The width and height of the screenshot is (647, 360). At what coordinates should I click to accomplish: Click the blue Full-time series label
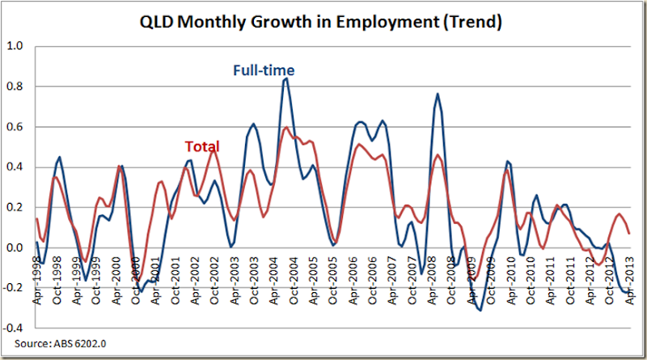pyautogui.click(x=264, y=70)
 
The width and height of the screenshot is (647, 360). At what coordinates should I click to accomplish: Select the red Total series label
pyautogui.click(x=201, y=146)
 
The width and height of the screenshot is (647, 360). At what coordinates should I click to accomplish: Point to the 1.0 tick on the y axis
pyautogui.click(x=16, y=46)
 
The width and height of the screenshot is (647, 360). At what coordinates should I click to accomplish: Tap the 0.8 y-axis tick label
pyautogui.click(x=16, y=87)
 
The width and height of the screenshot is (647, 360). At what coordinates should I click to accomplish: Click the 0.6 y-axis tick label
pyautogui.click(x=16, y=127)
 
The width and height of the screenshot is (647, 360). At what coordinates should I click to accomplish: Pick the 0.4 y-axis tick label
pyautogui.click(x=16, y=167)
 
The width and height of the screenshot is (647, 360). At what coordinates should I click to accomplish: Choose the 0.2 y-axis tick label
pyautogui.click(x=16, y=208)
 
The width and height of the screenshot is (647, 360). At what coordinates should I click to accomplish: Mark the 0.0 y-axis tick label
pyautogui.click(x=16, y=248)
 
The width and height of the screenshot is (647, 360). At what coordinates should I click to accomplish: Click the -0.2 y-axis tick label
pyautogui.click(x=15, y=289)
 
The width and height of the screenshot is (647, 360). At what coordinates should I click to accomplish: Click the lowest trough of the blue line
pyautogui.click(x=480, y=310)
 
